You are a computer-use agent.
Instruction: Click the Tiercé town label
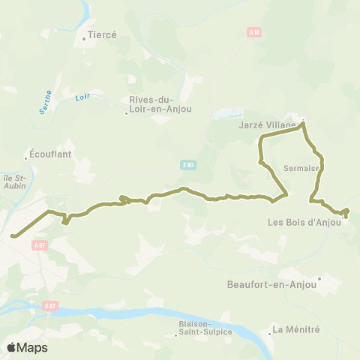tap(103, 34)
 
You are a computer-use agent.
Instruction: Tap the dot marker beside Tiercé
tap(84, 35)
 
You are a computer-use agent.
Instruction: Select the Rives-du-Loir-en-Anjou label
tap(160, 104)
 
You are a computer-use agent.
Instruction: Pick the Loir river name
tap(82, 97)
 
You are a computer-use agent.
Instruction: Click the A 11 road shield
tap(253, 32)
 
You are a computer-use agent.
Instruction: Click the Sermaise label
tap(302, 169)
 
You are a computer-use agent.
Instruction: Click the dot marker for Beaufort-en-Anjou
tap(319, 279)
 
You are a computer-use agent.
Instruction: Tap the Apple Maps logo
tap(27, 347)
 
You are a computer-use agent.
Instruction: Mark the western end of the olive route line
tap(13, 236)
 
